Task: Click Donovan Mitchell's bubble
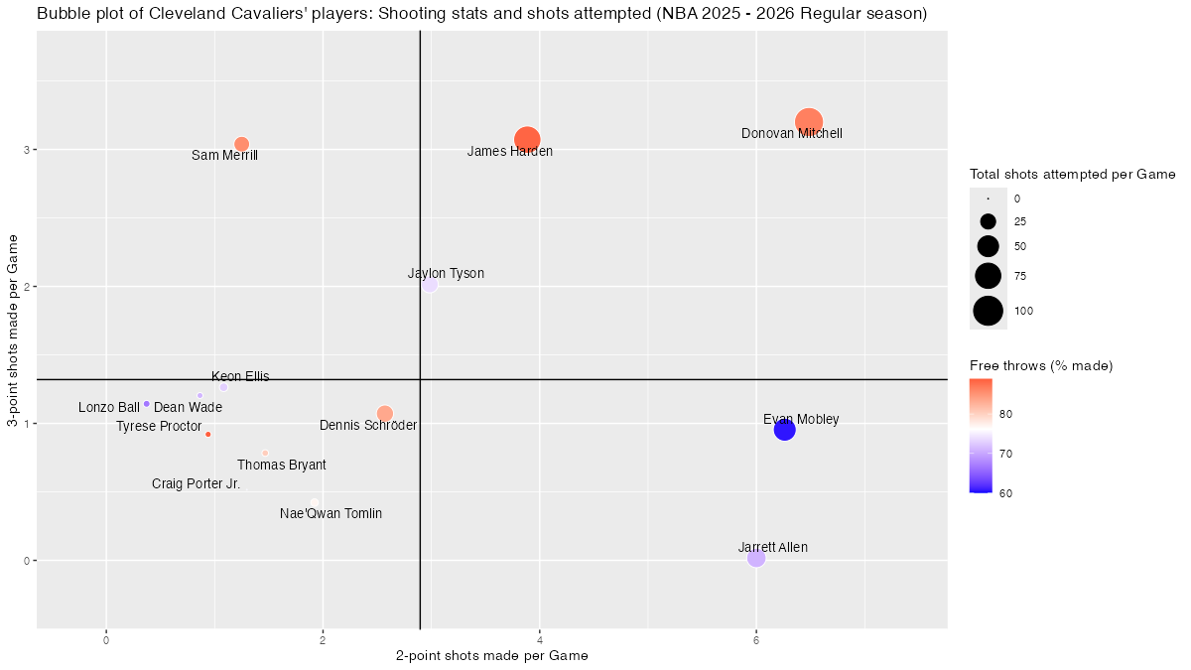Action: click(x=809, y=122)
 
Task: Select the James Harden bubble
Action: click(x=527, y=140)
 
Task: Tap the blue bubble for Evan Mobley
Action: click(x=784, y=430)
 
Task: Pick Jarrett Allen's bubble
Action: click(x=756, y=558)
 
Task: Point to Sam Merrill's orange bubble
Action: click(x=241, y=144)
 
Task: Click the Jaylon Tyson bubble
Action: click(x=430, y=285)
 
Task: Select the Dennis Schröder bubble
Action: click(x=385, y=413)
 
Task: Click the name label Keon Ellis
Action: click(x=240, y=377)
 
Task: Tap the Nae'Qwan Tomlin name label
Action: click(x=331, y=514)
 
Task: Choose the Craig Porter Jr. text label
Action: click(x=196, y=484)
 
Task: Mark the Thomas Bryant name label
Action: click(x=281, y=466)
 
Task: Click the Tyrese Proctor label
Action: click(x=159, y=427)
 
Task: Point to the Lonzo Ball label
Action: click(x=109, y=408)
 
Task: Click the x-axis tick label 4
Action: click(x=539, y=640)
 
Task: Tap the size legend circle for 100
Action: click(x=989, y=311)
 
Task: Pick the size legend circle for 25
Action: click(x=989, y=221)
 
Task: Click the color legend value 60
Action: click(x=1006, y=492)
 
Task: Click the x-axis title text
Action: click(x=491, y=656)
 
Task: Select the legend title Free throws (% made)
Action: click(x=1041, y=366)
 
